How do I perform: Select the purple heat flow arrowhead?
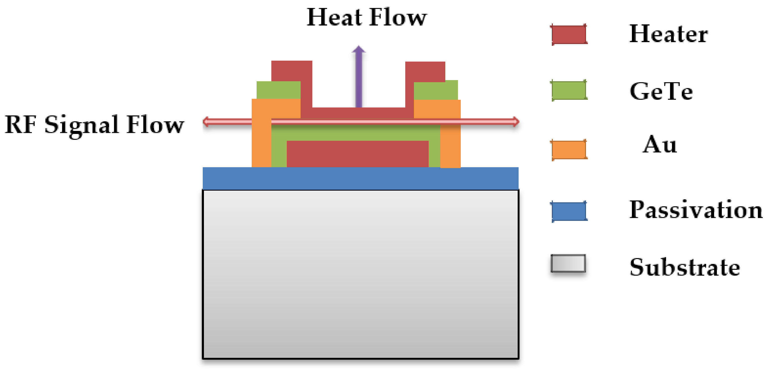point(359,50)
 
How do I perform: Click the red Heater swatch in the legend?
point(569,34)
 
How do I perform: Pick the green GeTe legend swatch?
point(569,90)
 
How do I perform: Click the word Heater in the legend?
point(669,34)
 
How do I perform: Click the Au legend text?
point(660,145)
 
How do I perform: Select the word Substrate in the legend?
point(685,267)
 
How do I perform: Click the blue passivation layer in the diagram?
point(361,178)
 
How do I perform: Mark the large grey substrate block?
point(361,274)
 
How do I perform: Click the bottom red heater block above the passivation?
point(358,154)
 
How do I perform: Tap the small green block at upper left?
point(278,90)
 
